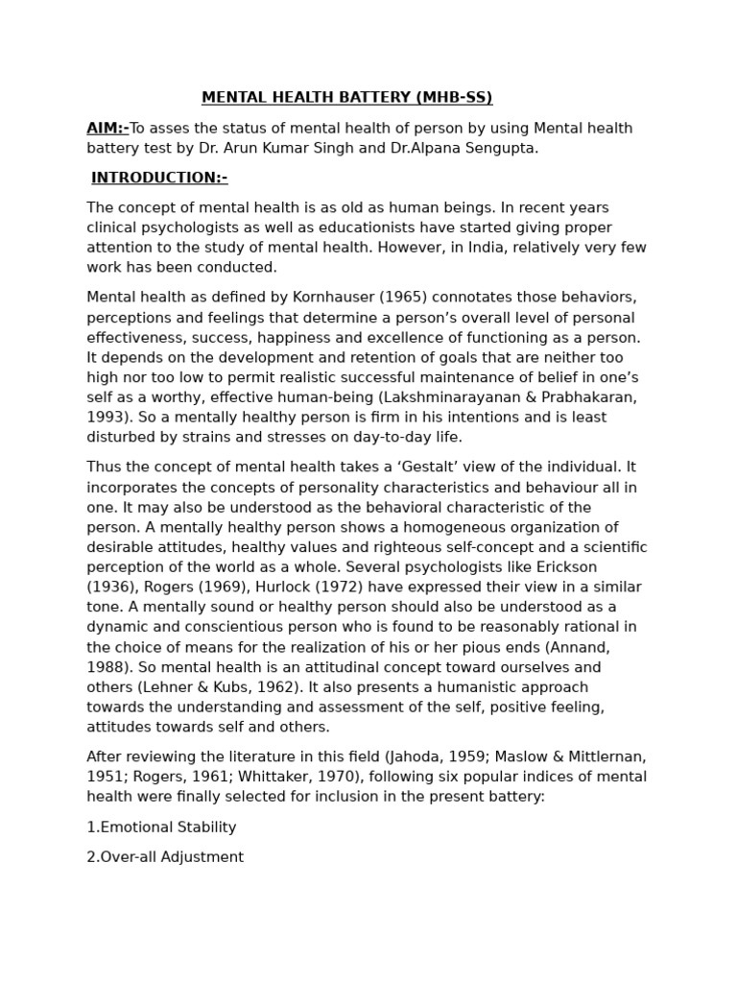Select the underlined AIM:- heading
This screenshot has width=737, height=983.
(107, 129)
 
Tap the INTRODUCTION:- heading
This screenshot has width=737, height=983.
(159, 178)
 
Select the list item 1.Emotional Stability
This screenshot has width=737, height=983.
(161, 827)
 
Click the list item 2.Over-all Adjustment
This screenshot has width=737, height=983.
(165, 857)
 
